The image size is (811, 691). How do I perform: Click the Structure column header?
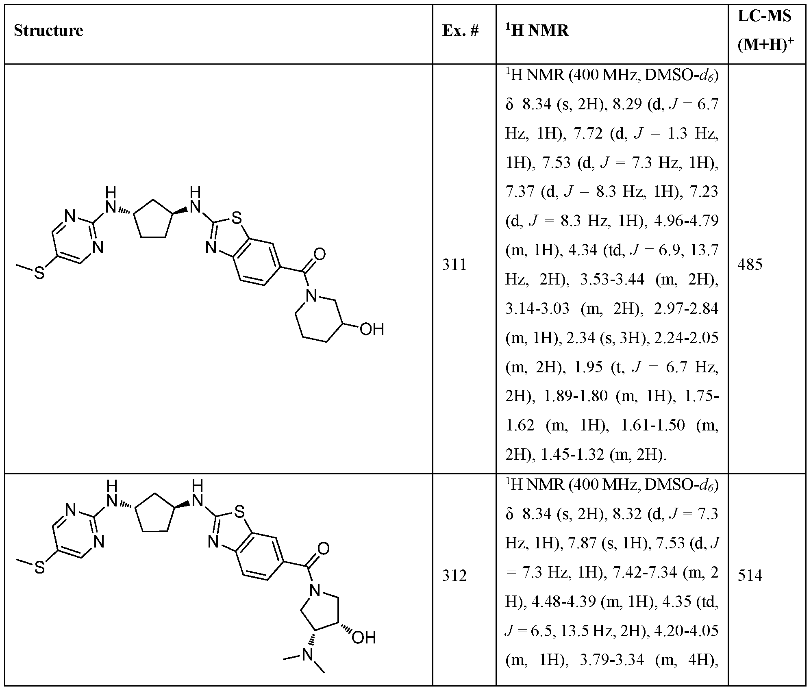[x=48, y=31]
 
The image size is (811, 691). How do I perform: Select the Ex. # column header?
[x=461, y=31]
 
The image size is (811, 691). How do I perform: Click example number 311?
[x=454, y=265]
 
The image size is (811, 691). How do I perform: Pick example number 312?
[x=454, y=576]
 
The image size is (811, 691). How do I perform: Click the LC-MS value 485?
[x=750, y=265]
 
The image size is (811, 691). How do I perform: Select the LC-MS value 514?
[x=750, y=576]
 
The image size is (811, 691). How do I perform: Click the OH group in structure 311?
[x=372, y=329]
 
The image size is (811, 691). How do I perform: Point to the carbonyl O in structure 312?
[x=324, y=549]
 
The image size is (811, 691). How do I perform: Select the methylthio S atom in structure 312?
[x=39, y=567]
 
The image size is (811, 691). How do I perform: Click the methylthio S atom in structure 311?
[x=39, y=273]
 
